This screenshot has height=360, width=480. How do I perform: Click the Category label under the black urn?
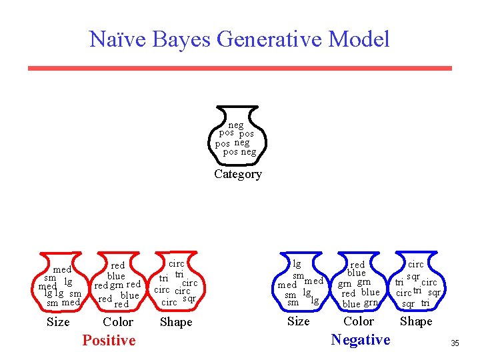[x=238, y=174]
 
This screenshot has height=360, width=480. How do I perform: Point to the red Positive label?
[x=109, y=341]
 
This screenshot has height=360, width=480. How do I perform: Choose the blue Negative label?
[x=361, y=340]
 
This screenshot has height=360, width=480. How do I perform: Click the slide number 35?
[x=455, y=343]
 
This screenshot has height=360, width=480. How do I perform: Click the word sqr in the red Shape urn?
[x=189, y=299]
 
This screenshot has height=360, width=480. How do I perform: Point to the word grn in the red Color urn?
[x=117, y=285]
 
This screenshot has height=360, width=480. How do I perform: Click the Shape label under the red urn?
[x=176, y=322]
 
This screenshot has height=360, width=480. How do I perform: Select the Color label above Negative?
[x=359, y=321]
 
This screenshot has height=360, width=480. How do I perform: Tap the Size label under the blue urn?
[x=298, y=321]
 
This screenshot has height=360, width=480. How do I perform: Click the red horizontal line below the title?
[x=240, y=68]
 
